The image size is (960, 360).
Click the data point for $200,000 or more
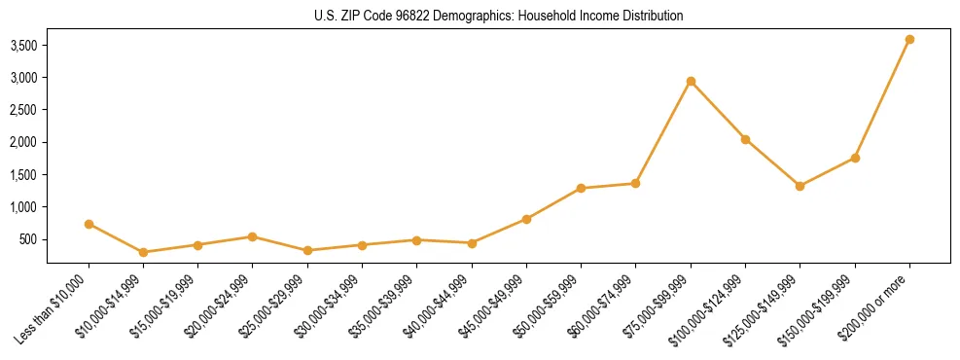[909, 39]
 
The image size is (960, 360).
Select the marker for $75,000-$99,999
[691, 81]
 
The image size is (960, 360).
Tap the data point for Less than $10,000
[89, 224]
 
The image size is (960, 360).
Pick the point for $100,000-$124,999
[745, 139]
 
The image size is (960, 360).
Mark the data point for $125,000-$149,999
[800, 186]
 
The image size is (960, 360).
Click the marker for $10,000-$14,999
[144, 252]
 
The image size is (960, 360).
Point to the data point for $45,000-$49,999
[526, 219]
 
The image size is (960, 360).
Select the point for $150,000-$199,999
[855, 158]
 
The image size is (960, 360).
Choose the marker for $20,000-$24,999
[253, 236]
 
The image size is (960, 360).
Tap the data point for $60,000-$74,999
[635, 183]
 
